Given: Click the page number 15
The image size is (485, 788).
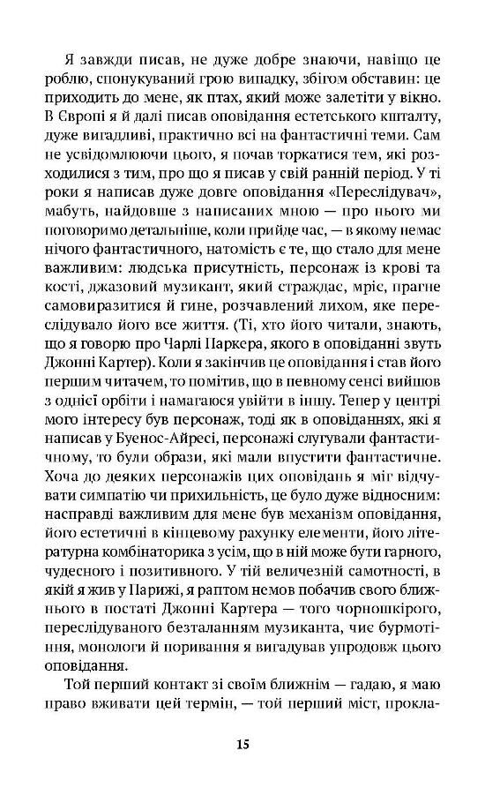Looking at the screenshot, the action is pyautogui.click(x=242, y=744).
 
